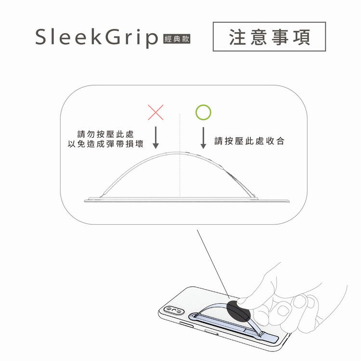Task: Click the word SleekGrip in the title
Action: (x=96, y=38)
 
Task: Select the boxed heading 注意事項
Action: (x=269, y=37)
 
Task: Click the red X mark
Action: (x=155, y=113)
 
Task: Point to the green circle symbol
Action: (x=203, y=113)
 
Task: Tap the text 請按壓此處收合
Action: (x=249, y=141)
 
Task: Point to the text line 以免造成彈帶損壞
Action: (x=106, y=144)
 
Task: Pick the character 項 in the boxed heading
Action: (x=301, y=37)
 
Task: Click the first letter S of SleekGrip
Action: (x=42, y=37)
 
